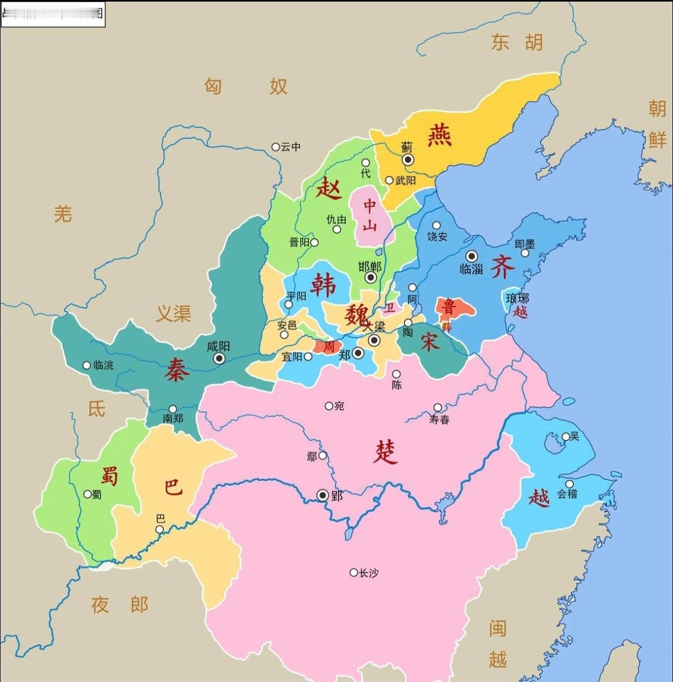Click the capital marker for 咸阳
pyautogui.click(x=219, y=359)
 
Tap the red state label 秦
pyautogui.click(x=176, y=370)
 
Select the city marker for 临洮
pyautogui.click(x=86, y=365)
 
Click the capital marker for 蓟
pyautogui.click(x=408, y=159)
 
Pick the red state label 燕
pyautogui.click(x=440, y=135)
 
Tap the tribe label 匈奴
pyautogui.click(x=246, y=86)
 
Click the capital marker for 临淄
pyautogui.click(x=472, y=256)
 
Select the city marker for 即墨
pyautogui.click(x=525, y=253)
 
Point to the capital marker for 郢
pyautogui.click(x=323, y=496)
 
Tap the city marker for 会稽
pyautogui.click(x=570, y=484)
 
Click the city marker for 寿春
pyautogui.click(x=438, y=408)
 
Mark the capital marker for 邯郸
pyautogui.click(x=371, y=277)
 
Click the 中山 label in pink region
pyautogui.click(x=370, y=215)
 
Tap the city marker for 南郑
pyautogui.click(x=173, y=409)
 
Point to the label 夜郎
pyautogui.click(x=120, y=605)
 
